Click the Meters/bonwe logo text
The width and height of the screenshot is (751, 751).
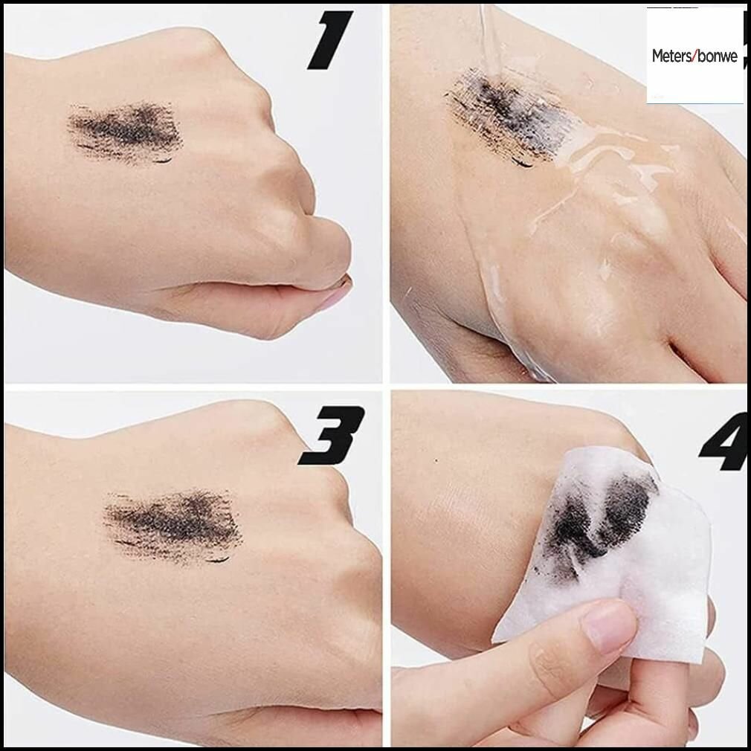coord(694,56)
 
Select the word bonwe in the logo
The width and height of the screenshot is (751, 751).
coord(718,57)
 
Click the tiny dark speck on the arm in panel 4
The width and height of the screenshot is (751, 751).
coord(436,461)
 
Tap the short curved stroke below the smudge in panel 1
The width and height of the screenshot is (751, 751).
coord(163,161)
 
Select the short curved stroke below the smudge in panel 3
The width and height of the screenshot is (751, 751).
coord(219,559)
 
